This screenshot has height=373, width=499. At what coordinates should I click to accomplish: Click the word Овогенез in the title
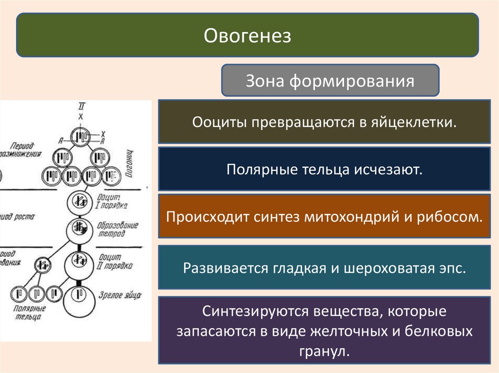[x=247, y=36]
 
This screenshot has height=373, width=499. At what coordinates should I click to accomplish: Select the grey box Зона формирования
[x=330, y=80]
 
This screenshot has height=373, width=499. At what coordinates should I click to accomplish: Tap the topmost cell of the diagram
[x=81, y=138]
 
